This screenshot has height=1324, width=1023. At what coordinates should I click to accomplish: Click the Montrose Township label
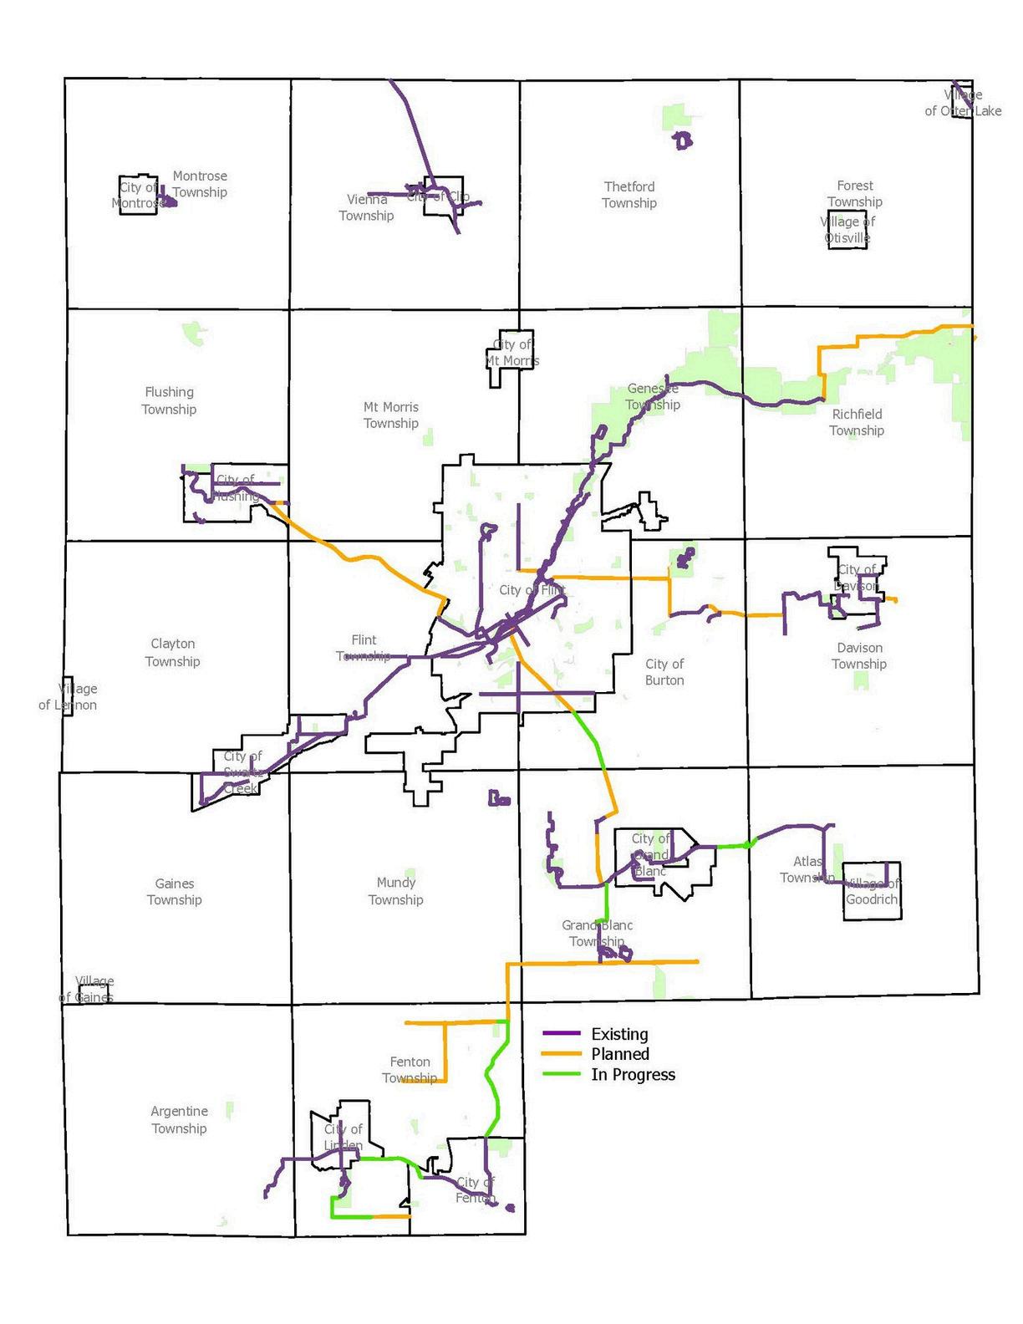click(x=200, y=184)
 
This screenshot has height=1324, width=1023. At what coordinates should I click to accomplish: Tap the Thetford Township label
click(x=629, y=195)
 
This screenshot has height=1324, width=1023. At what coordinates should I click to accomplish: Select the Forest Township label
click(x=855, y=193)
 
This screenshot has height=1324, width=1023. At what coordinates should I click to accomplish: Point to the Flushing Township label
click(x=169, y=400)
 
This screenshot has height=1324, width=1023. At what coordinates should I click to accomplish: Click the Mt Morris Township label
click(x=391, y=415)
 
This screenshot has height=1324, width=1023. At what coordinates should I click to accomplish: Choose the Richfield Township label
click(x=857, y=422)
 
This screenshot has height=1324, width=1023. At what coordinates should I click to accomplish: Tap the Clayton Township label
click(x=173, y=652)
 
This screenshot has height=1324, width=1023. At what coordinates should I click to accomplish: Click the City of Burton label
click(x=664, y=672)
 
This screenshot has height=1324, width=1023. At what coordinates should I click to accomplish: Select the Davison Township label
click(x=859, y=655)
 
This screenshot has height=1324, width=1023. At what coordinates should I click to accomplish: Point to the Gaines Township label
click(x=175, y=891)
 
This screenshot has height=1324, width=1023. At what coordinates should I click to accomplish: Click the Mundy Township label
click(x=396, y=890)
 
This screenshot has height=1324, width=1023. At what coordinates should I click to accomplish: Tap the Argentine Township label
click(x=180, y=1119)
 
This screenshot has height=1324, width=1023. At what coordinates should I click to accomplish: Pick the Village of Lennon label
click(x=69, y=696)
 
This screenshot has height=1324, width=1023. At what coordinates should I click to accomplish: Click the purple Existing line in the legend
click(x=561, y=1034)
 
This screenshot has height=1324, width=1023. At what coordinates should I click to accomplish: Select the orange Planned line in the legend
click(x=561, y=1054)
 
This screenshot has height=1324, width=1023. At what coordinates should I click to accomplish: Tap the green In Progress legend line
click(x=561, y=1074)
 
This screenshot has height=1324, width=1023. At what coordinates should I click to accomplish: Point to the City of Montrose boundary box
click(x=138, y=195)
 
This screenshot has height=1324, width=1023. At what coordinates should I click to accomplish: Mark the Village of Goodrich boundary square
click(x=872, y=891)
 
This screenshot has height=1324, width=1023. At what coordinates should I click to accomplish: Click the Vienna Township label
click(x=367, y=207)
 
